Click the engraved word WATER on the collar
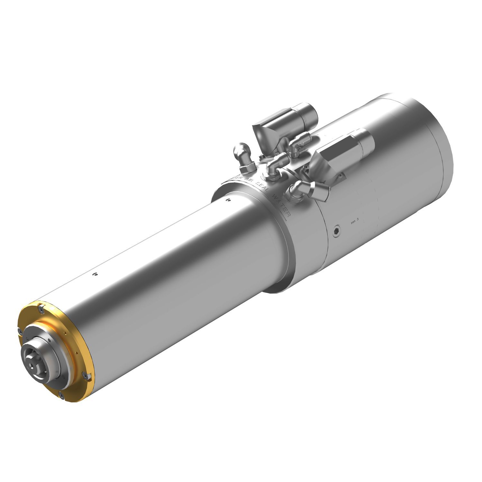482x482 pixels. pos(281,205)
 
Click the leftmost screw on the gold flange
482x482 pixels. pos(19,331)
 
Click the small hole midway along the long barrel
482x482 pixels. pos(95,274)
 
